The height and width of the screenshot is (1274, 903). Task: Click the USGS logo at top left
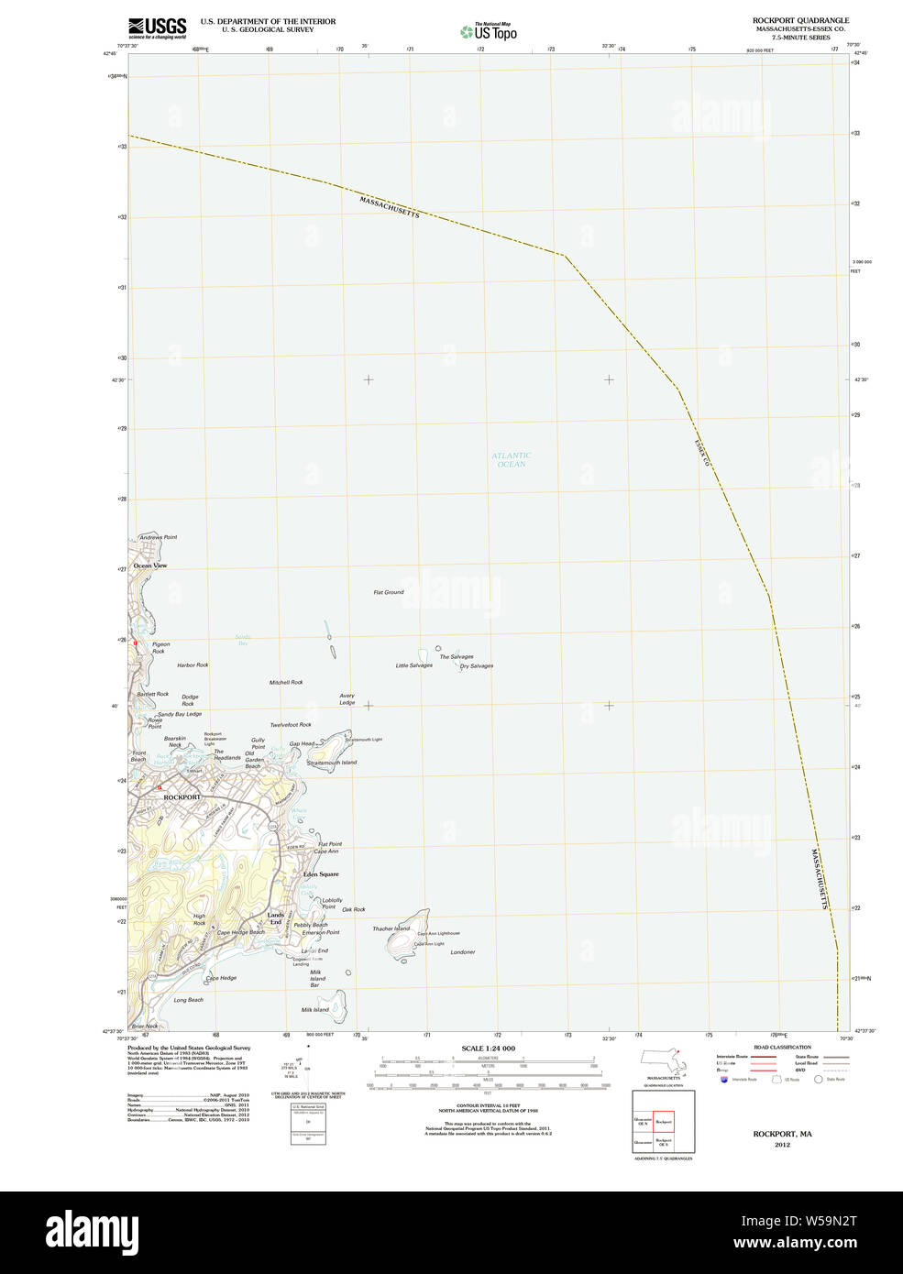157,27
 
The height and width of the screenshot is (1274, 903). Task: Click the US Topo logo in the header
489,32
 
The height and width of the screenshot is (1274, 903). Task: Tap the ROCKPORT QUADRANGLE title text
800,20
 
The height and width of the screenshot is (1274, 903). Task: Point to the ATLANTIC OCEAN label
511,459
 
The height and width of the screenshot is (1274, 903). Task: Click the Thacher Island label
391,928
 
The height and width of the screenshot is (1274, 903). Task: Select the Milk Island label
314,1010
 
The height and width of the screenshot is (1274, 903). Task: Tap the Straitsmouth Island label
332,763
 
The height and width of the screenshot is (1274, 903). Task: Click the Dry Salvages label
477,666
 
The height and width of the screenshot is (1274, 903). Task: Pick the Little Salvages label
413,665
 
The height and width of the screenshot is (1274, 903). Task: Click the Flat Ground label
389,592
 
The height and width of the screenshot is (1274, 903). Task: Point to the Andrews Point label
158,537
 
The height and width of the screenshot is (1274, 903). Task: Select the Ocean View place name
150,566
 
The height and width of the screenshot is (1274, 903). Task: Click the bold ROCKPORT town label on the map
182,797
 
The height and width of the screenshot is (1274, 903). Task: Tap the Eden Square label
321,874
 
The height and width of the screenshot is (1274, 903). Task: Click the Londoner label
463,952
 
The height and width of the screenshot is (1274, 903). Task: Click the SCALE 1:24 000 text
488,1049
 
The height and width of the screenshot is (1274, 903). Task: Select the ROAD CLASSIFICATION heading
782,1047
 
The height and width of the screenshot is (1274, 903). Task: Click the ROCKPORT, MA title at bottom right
782,1134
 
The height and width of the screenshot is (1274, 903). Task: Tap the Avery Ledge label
347,699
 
